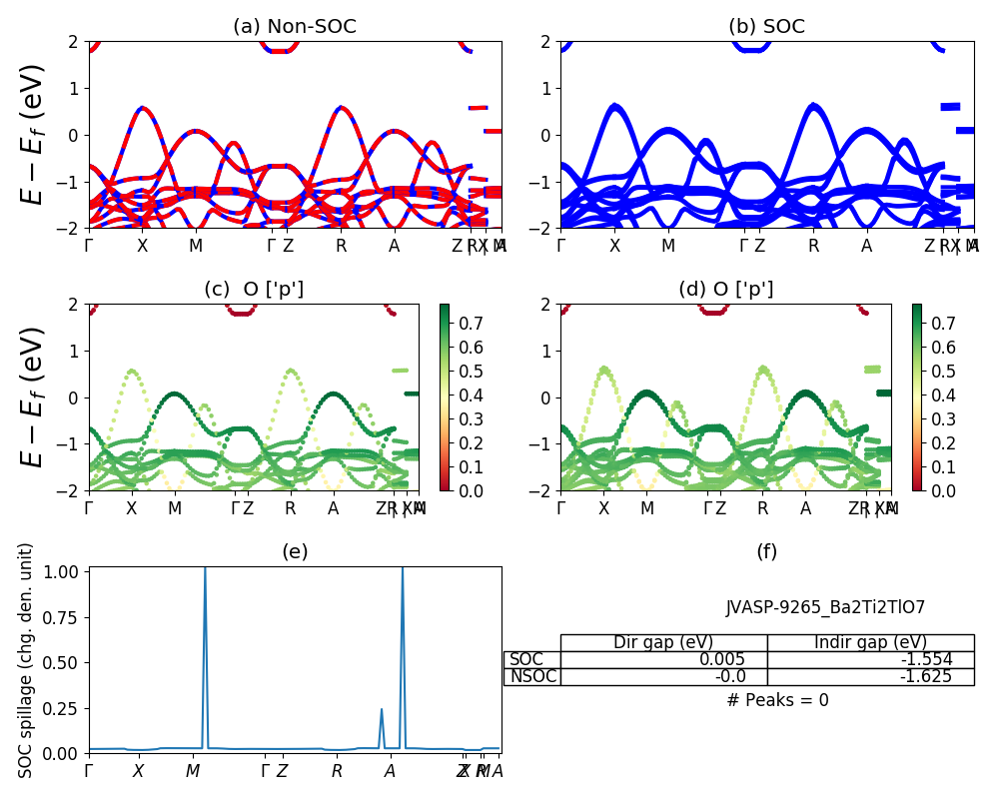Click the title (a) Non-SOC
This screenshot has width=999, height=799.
pos(295,27)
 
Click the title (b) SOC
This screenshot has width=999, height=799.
pos(766,27)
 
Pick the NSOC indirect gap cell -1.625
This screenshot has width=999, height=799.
pos(923,676)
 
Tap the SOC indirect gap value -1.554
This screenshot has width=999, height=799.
pos(923,659)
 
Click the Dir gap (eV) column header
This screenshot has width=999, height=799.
pos(663,642)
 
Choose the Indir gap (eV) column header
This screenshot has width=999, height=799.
pos(870,642)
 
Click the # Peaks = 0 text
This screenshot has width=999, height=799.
pos(777,700)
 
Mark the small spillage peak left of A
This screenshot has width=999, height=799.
pos(382,710)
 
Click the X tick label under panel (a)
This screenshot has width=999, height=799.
pos(143,246)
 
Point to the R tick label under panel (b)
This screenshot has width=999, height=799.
pos(814,246)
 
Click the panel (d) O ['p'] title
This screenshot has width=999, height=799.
pos(726,290)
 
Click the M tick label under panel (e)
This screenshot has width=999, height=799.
pos(193,771)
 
